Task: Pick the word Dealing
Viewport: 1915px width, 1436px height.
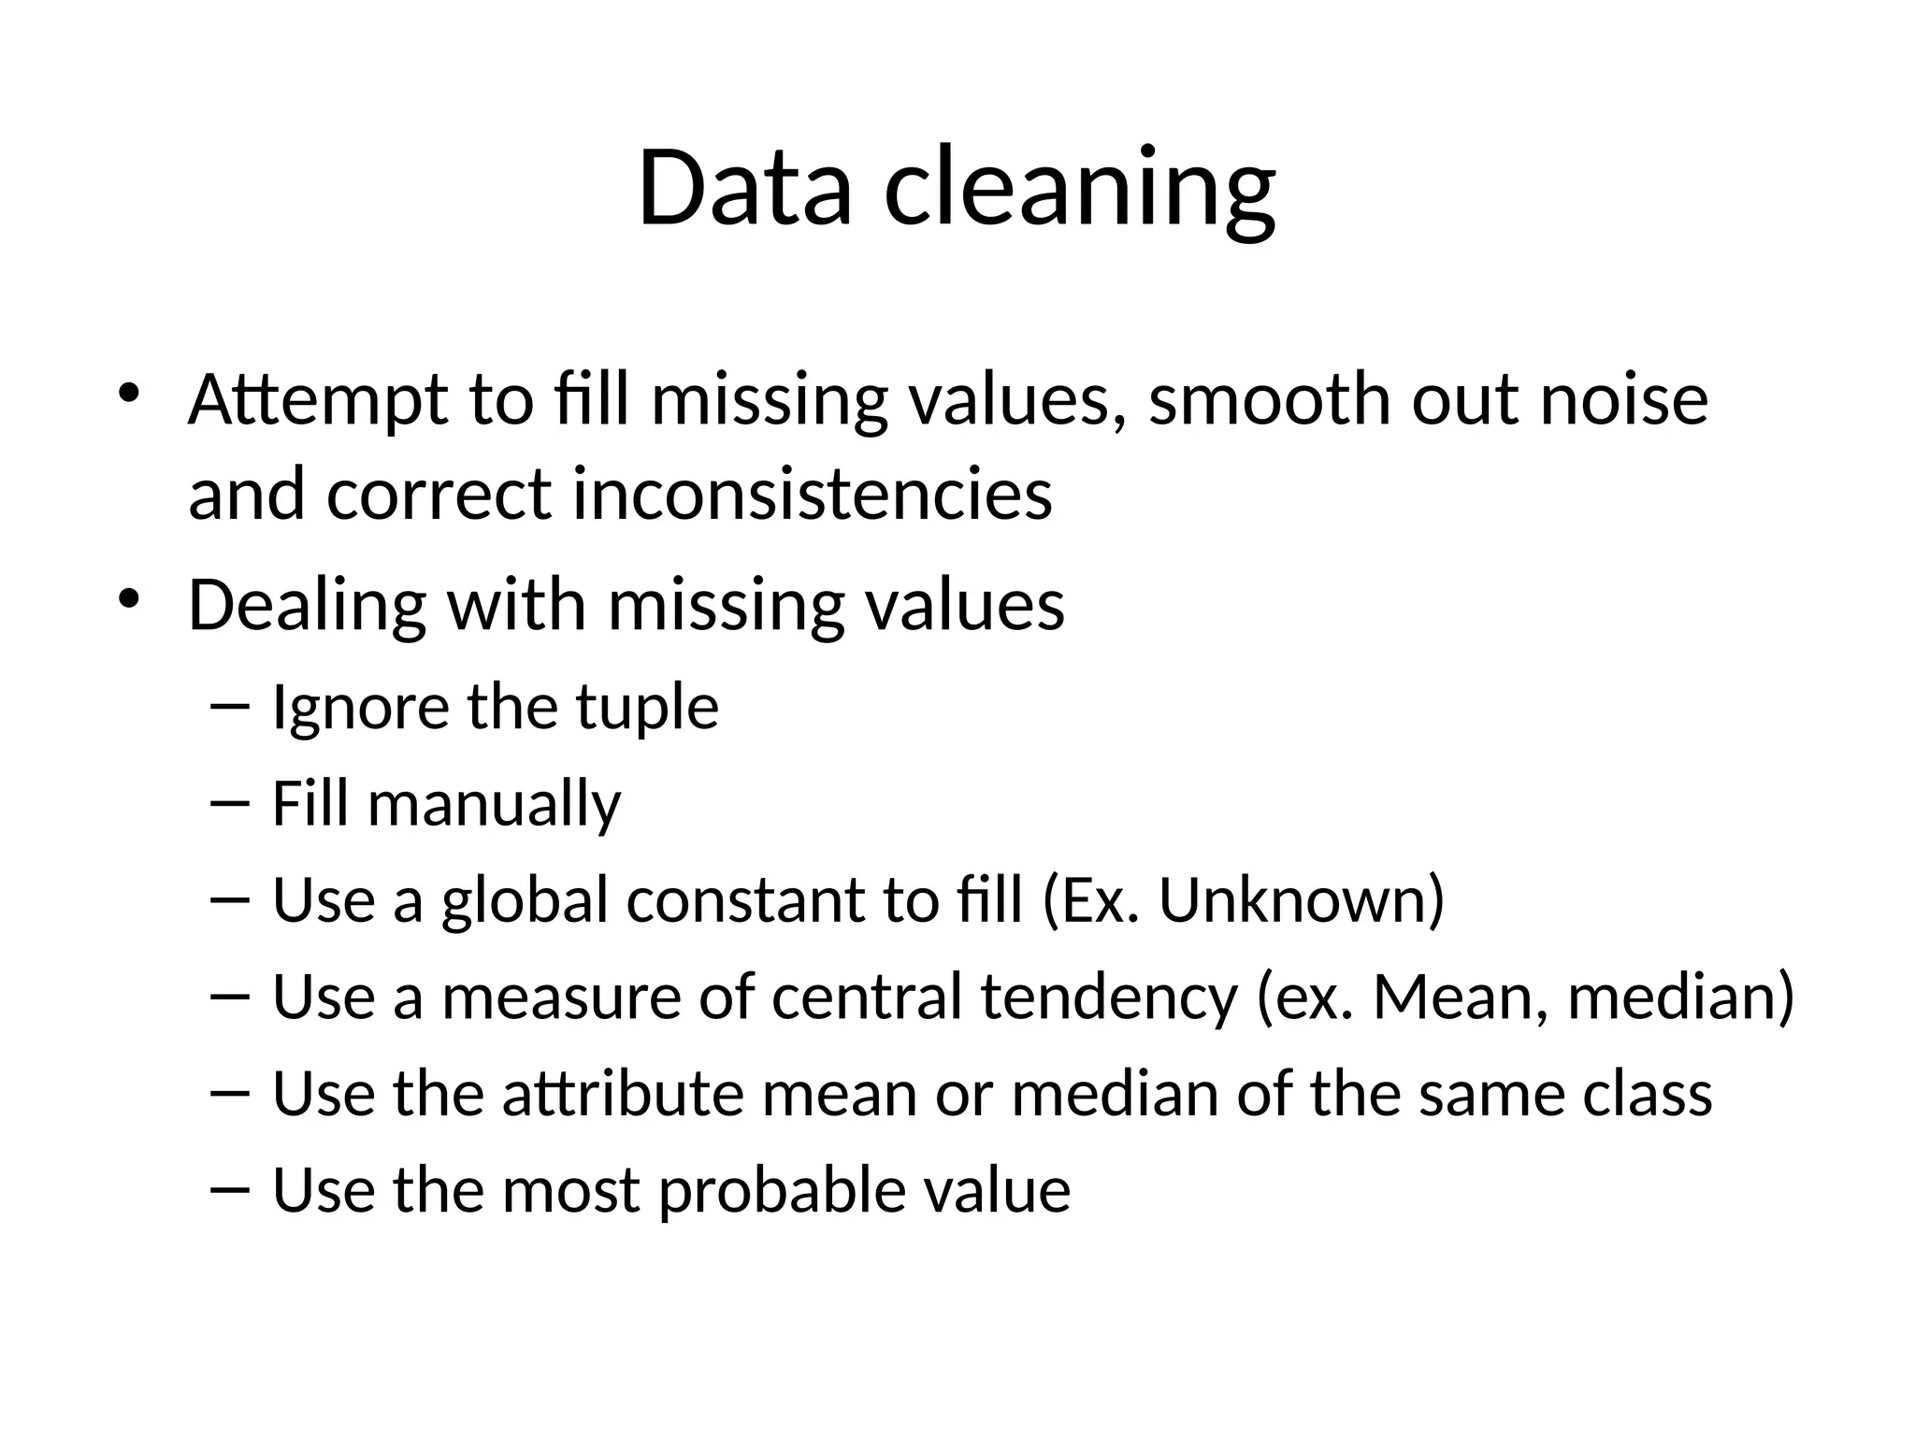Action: tap(308, 606)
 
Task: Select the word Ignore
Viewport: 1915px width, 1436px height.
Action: tap(359, 708)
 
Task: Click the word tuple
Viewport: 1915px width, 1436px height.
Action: tap(647, 708)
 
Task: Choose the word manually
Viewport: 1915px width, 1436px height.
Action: tap(494, 805)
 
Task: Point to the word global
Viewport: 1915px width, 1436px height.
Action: tap(525, 899)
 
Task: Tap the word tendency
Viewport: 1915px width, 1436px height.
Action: tap(1109, 997)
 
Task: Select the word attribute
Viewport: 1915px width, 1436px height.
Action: tap(623, 1093)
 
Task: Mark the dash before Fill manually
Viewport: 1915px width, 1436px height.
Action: tap(230, 803)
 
